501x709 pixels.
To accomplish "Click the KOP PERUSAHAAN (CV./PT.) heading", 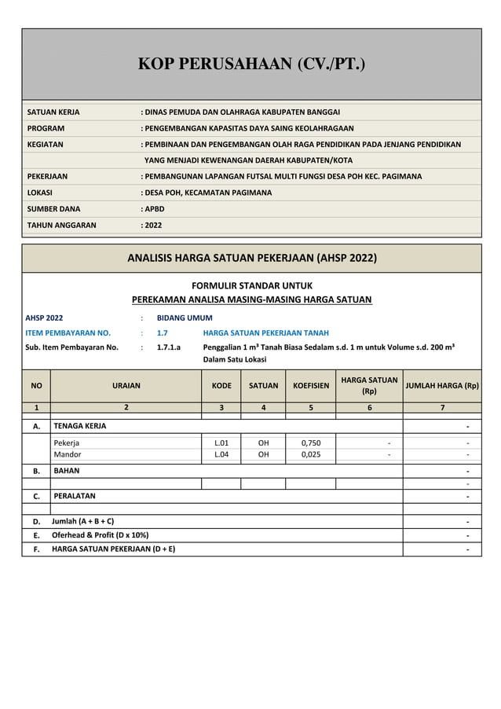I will [251, 64].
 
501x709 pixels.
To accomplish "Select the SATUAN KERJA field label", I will [53, 112].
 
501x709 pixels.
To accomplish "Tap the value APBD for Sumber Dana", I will [153, 209].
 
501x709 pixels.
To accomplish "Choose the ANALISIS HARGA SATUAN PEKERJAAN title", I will [251, 258].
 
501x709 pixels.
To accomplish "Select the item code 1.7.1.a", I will [168, 347].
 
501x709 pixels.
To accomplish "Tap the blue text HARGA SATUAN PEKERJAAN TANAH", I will [265, 332].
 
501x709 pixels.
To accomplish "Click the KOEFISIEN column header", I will [311, 386].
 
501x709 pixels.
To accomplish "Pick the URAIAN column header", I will [126, 386].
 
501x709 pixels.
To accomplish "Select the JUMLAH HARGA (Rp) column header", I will [441, 386].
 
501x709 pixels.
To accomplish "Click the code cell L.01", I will [221, 443].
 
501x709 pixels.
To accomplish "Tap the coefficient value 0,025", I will [311, 454].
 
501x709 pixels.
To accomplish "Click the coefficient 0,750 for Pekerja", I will [311, 443].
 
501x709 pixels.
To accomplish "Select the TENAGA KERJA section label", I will [79, 426].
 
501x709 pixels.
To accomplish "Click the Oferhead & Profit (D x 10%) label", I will [100, 535].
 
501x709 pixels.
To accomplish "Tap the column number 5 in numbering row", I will [311, 408].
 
